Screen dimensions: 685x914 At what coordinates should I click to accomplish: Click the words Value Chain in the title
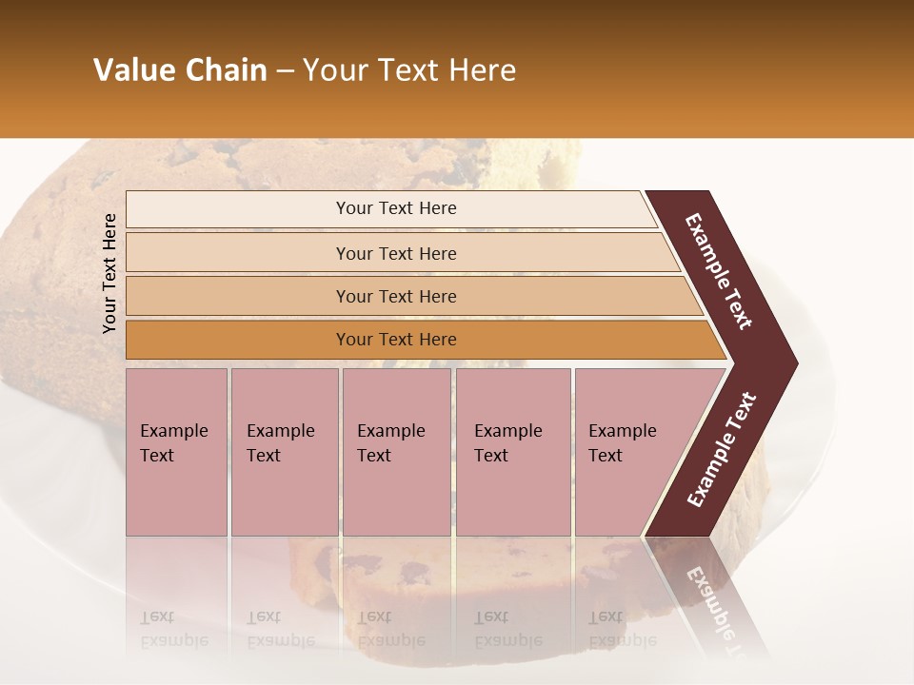[x=180, y=70]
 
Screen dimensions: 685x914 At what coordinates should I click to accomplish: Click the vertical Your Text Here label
[x=109, y=273]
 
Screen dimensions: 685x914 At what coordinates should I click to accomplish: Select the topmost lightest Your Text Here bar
[x=238, y=209]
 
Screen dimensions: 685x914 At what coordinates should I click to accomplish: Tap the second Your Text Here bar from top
[x=238, y=253]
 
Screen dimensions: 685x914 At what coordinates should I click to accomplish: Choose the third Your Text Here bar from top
[x=238, y=296]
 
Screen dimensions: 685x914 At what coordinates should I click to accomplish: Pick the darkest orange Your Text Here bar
[x=238, y=340]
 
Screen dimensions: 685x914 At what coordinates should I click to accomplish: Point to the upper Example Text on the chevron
[x=719, y=271]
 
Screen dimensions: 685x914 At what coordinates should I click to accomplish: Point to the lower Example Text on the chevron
[x=722, y=450]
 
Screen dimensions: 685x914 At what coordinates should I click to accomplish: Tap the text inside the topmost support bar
[x=396, y=208]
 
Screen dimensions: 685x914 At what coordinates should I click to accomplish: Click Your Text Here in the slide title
[x=409, y=70]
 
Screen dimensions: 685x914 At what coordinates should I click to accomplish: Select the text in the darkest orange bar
[x=396, y=340]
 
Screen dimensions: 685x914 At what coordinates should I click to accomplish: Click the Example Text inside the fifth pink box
[x=622, y=442]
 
